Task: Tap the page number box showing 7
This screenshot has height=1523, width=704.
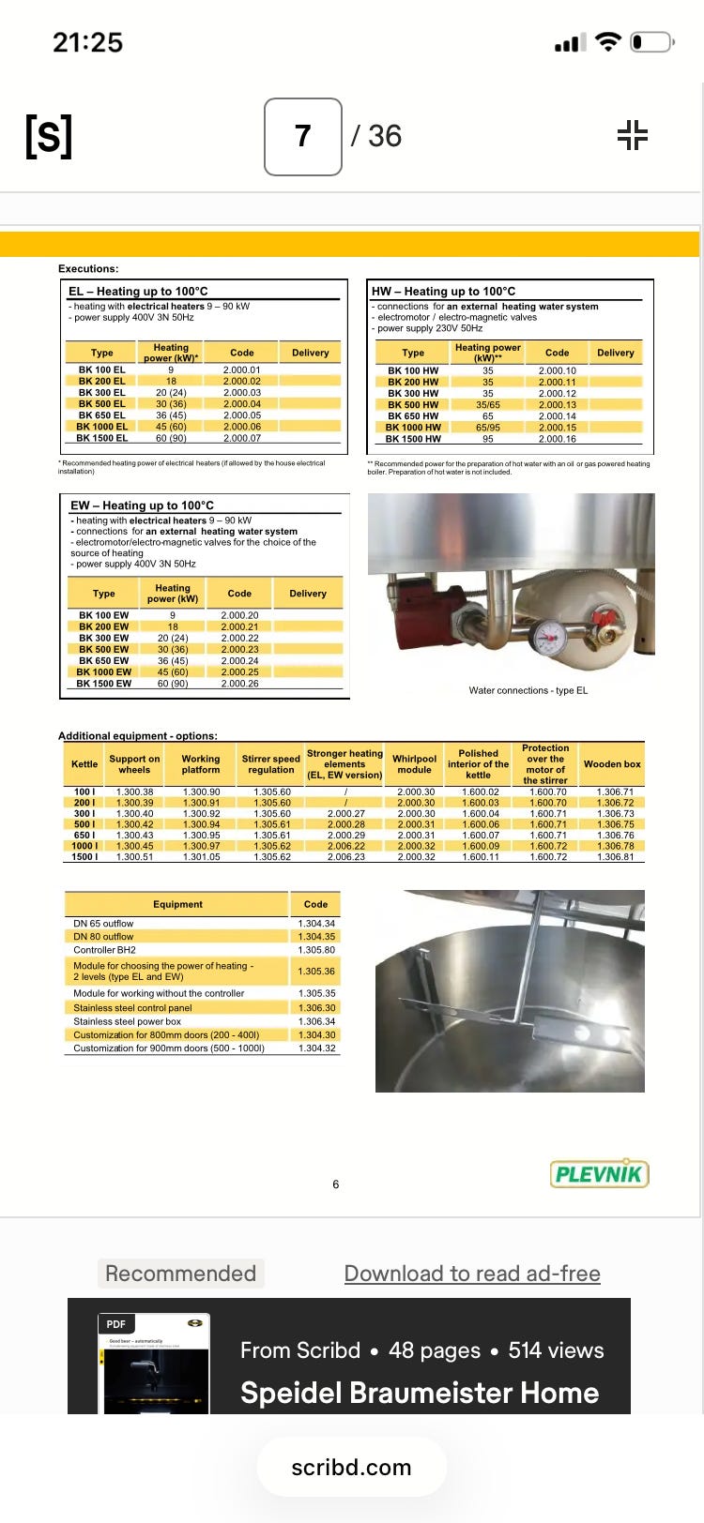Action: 302,137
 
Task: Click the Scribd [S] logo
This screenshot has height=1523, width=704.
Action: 49,136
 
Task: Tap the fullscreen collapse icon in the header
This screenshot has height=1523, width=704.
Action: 633,135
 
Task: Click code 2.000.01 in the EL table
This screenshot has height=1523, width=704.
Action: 242,370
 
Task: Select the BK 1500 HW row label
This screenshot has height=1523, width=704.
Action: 413,439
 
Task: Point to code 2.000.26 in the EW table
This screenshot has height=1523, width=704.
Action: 239,684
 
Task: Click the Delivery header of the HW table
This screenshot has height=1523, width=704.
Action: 615,353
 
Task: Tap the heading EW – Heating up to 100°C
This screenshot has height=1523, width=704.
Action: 142,505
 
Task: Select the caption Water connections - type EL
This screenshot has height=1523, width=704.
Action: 528,690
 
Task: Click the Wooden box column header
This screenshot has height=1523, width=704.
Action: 612,764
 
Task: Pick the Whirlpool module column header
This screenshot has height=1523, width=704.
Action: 414,764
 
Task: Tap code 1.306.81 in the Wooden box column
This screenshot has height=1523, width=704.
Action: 615,857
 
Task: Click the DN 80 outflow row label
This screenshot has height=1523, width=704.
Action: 103,936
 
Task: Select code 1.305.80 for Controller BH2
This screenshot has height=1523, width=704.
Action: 316,950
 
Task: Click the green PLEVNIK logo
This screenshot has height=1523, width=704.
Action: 599,1173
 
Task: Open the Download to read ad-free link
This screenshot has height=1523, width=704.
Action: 472,1274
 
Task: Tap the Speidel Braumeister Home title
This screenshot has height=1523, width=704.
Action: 420,1393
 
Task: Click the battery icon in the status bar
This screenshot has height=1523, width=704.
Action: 650,42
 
